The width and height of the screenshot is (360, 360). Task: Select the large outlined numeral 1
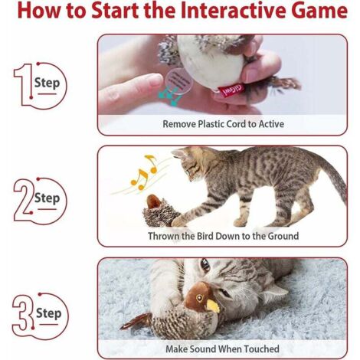24,85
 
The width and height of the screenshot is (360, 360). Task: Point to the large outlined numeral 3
23,313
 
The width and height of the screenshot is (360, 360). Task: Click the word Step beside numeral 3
49,313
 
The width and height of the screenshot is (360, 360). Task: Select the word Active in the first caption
271,124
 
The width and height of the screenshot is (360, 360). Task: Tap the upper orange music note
151,163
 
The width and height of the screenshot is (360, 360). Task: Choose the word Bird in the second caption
205,236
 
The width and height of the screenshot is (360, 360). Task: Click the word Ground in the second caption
283,236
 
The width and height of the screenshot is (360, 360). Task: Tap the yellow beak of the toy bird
213,306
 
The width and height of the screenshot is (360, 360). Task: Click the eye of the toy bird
199,298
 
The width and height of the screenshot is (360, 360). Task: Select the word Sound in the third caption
203,349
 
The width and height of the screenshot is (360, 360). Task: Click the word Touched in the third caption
261,349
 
